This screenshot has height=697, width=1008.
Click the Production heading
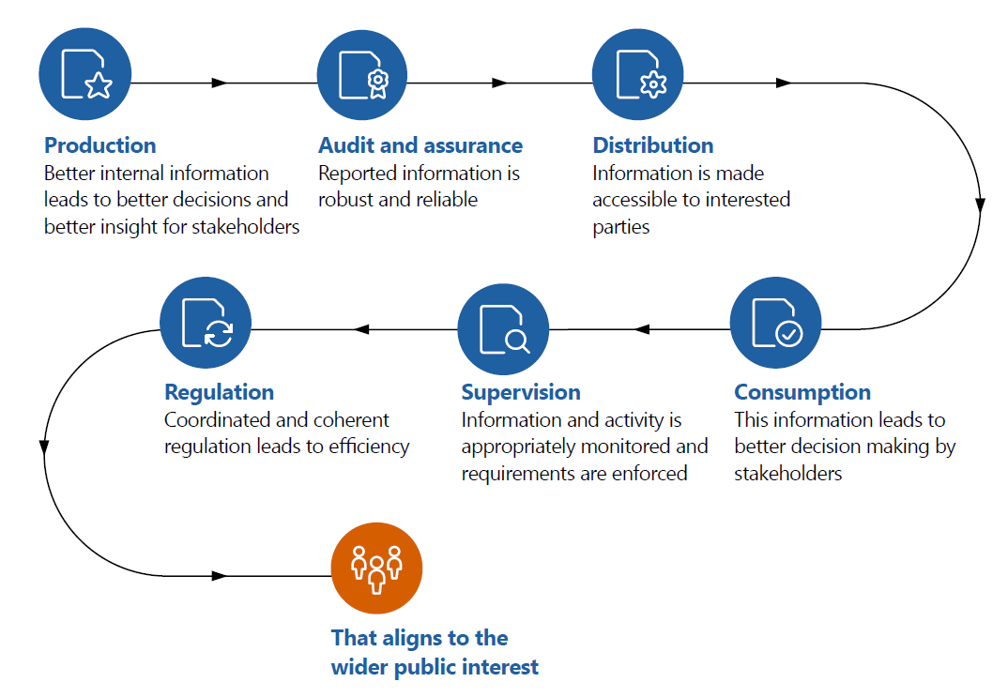(x=100, y=145)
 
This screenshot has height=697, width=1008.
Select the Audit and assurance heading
(x=420, y=145)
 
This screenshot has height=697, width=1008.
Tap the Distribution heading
(x=653, y=145)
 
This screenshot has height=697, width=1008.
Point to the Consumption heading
(x=802, y=392)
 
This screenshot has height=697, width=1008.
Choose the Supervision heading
(x=521, y=392)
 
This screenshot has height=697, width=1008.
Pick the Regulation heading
(x=220, y=392)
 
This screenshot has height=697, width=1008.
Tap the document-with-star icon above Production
(x=84, y=74)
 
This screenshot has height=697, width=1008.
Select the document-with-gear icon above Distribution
(x=638, y=74)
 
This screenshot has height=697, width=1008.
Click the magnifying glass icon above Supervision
(x=503, y=329)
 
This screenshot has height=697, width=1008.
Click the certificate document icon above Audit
(x=363, y=74)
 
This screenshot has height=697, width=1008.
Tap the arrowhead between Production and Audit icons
(x=220, y=83)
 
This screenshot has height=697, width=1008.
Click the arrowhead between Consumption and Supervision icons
(x=642, y=329)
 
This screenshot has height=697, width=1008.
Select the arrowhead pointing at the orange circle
(x=220, y=575)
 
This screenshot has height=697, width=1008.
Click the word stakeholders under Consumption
(x=787, y=473)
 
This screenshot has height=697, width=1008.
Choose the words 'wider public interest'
(x=435, y=667)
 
